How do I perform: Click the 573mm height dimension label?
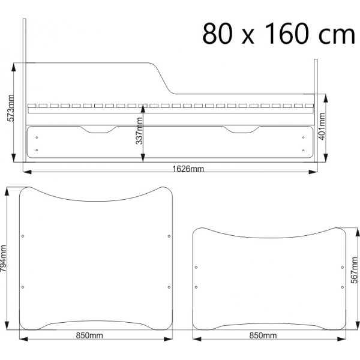[11, 108]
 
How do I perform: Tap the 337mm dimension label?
[139, 131]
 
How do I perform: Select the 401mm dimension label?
[322, 126]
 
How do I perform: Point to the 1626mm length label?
[188, 169]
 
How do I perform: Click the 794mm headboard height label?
[4, 258]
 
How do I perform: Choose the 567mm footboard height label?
[355, 270]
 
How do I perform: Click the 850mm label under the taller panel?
[89, 335]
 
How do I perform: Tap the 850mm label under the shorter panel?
[263, 335]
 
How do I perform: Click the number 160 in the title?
[286, 34]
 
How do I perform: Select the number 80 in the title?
[217, 34]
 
